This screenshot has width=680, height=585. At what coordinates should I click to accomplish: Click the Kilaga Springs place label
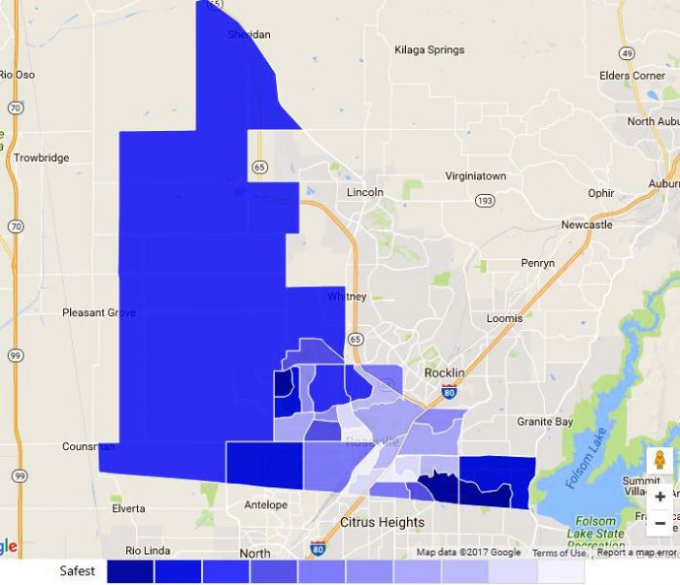(429, 50)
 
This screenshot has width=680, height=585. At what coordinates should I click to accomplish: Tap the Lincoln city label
(365, 192)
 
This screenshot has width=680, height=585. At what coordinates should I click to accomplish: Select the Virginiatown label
(476, 177)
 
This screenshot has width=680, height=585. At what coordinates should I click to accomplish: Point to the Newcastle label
(587, 225)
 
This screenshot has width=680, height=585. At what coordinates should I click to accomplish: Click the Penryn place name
(537, 263)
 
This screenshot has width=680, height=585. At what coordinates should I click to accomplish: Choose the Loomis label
(504, 318)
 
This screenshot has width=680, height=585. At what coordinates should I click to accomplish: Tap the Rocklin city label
(445, 374)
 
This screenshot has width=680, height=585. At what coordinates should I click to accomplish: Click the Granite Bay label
(545, 422)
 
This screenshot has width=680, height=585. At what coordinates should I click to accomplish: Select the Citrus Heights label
(382, 522)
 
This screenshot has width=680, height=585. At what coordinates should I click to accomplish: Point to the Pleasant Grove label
(99, 312)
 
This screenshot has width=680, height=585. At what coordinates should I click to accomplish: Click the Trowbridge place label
(42, 157)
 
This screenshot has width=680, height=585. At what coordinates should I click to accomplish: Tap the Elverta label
(128, 508)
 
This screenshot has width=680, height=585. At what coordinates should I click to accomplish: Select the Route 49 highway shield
(628, 53)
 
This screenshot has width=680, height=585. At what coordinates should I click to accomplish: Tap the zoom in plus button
(661, 496)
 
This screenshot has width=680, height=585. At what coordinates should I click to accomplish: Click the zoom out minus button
(661, 523)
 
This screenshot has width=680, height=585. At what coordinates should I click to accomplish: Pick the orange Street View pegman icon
(660, 461)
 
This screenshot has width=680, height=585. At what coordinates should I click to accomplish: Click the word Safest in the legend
(78, 571)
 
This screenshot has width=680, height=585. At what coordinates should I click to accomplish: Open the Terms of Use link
(559, 553)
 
